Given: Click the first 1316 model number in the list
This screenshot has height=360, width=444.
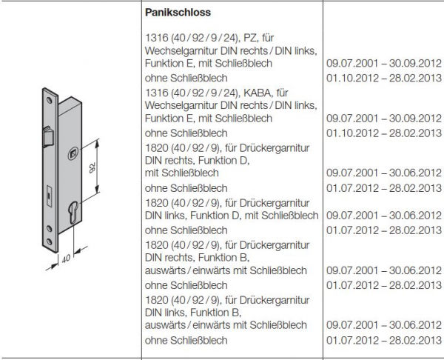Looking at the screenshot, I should (155, 37).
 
